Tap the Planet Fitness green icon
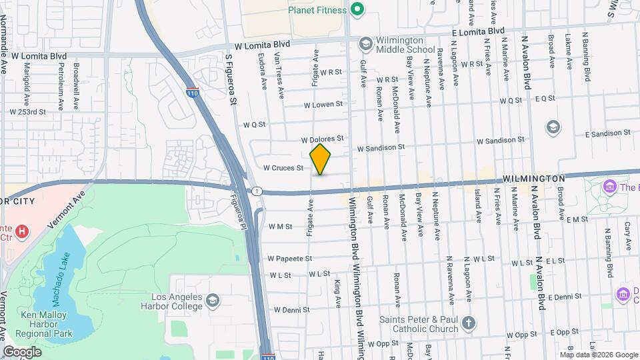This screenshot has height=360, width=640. [x=357, y=9]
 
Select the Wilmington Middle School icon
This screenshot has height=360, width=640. [x=365, y=43]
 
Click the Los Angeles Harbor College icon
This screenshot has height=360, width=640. [x=212, y=301]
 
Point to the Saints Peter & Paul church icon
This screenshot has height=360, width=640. [x=469, y=323]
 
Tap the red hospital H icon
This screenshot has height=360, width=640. [x=23, y=232]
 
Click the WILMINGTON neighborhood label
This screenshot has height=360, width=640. [x=533, y=179]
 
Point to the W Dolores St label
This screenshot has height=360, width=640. [x=321, y=139]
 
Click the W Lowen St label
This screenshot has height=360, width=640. [x=323, y=105]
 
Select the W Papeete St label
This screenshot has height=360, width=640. [x=289, y=258]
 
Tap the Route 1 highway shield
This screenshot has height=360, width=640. [x=257, y=191]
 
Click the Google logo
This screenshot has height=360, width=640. [x=22, y=351]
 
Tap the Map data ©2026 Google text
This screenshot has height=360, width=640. [x=596, y=355]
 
